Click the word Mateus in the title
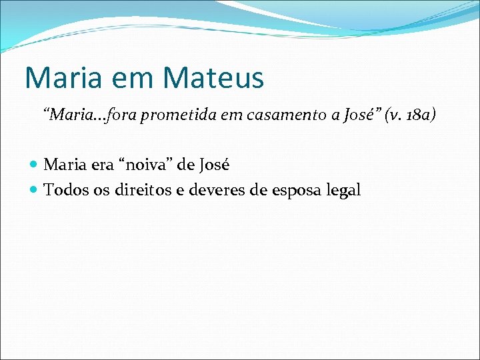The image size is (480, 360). point(213,77)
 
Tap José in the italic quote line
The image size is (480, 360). point(359,115)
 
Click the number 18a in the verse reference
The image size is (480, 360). point(417,115)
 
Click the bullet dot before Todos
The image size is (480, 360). point(35,191)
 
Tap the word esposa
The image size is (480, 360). point(293,190)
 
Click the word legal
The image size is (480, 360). point(343,190)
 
